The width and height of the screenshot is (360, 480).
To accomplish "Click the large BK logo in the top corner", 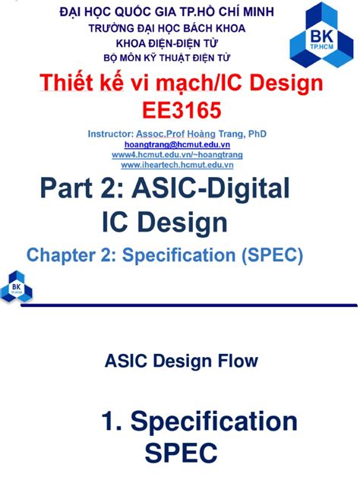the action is point(321,35).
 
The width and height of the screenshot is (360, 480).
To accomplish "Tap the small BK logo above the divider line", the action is point(17,286).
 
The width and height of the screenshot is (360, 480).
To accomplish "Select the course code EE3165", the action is point(182,110).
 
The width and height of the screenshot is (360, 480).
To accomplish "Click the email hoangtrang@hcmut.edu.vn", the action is point(177,144).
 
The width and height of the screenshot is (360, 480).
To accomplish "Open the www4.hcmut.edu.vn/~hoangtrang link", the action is point(177,155).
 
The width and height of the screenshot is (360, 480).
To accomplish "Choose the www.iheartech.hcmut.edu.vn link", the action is point(177,165).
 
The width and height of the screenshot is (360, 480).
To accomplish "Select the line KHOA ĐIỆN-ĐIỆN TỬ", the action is point(167,43).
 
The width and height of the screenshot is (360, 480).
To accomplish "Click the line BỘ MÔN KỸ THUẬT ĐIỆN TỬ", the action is point(167,58).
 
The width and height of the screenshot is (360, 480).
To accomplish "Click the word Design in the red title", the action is point(286,84).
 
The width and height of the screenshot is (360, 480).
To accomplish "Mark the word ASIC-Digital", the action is point(210,188).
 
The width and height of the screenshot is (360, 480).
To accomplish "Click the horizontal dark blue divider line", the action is point(189,305).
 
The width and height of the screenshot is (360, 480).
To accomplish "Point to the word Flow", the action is point(238,361).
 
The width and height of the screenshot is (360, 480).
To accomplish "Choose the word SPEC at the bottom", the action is point(182,453).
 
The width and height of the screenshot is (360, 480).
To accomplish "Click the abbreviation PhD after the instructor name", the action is point(257,134).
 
